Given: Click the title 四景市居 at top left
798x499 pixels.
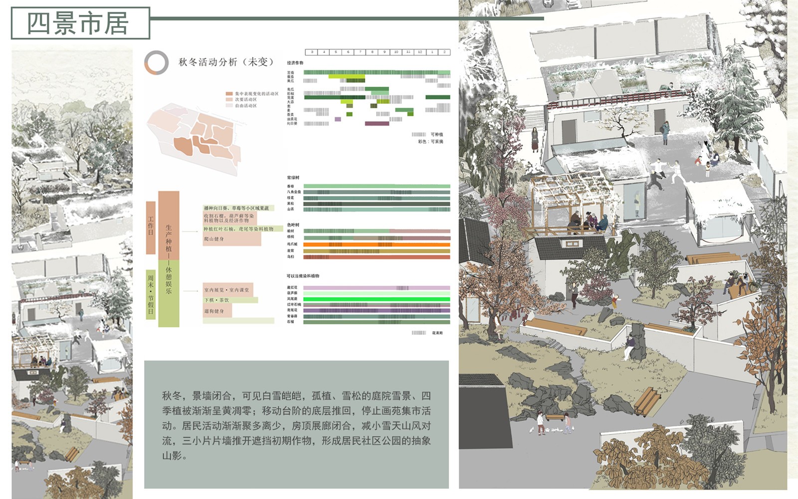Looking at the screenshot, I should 79,23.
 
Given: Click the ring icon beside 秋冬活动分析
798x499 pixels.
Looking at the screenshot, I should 156,63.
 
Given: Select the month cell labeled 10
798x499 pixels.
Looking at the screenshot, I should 396,52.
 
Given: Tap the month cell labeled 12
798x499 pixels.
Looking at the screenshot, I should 420,52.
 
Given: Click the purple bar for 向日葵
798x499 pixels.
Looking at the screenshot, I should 377,124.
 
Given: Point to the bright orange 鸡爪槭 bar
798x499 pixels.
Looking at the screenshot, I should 377,245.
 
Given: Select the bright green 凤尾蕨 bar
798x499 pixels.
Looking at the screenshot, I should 377,299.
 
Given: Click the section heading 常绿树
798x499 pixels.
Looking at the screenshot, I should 293,178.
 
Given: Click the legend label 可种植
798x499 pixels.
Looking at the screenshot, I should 436,135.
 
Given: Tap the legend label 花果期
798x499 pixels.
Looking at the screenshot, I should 437,333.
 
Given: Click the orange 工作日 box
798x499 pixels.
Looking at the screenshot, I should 151,228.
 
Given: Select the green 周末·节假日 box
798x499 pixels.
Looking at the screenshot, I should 151,294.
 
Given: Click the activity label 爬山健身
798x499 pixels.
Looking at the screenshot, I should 214,239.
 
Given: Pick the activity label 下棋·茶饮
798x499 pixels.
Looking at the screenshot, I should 217,300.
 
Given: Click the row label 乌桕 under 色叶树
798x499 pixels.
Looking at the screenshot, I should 291,257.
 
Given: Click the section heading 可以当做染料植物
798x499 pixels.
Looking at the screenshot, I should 303,276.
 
